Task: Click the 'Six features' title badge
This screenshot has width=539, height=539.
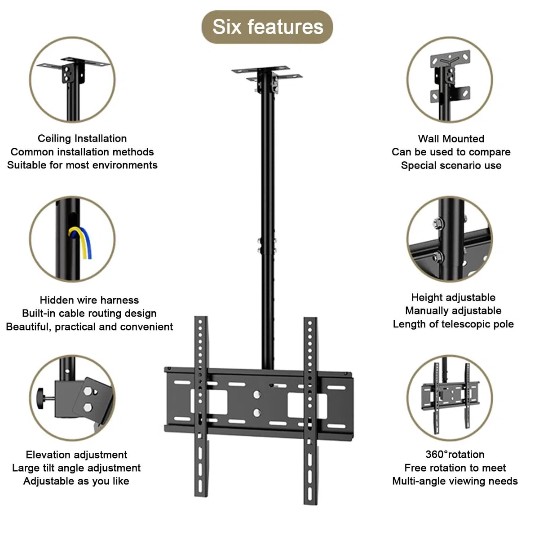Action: point(267,27)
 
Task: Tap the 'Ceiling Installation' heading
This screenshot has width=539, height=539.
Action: point(82,138)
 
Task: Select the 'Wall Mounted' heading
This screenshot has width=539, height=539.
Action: point(451,139)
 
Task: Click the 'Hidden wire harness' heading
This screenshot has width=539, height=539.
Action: point(89,300)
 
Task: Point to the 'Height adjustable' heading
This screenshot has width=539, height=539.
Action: point(453,298)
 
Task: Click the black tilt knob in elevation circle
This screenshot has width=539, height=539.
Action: point(41,398)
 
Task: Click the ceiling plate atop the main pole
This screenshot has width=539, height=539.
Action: point(267,73)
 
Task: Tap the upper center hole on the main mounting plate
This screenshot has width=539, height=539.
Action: point(257,395)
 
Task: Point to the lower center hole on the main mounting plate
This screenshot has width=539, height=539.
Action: point(257,413)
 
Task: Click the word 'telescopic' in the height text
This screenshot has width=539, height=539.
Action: point(468,324)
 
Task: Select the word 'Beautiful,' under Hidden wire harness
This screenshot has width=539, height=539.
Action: point(29,327)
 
